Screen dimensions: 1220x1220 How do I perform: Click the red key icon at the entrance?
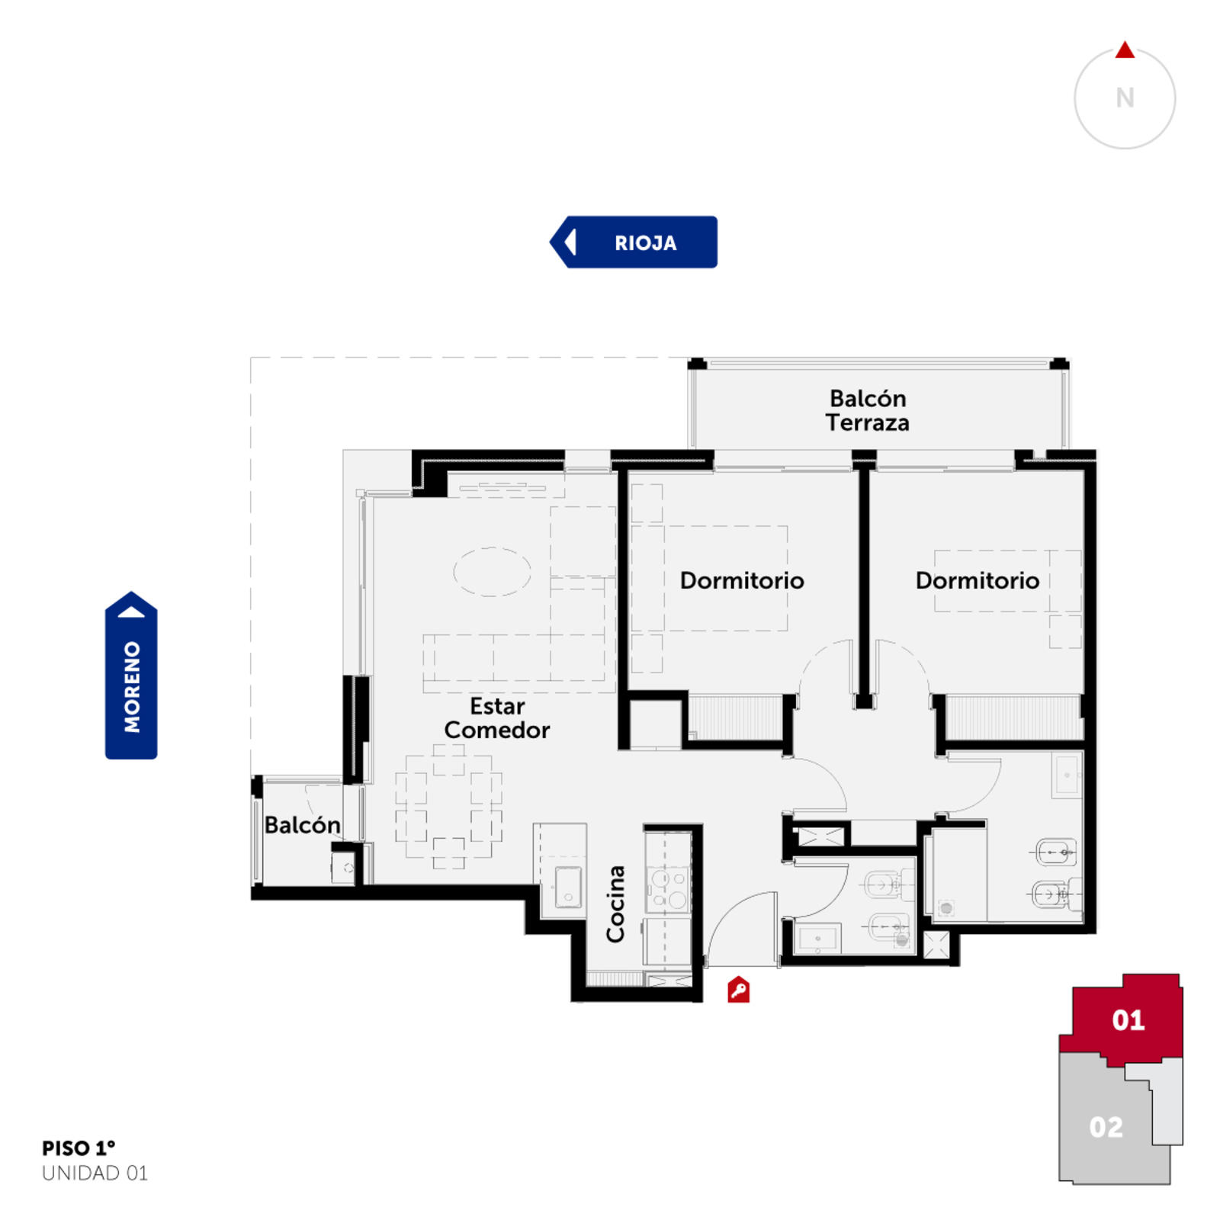[738, 990]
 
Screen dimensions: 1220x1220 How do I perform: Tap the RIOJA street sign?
[634, 242]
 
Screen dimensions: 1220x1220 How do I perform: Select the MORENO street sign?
[131, 675]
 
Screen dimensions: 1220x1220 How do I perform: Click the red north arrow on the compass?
[1125, 50]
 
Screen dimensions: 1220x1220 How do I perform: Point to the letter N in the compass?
[1125, 98]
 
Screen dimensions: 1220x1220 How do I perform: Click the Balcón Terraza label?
[868, 410]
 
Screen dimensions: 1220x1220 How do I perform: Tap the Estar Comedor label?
[497, 718]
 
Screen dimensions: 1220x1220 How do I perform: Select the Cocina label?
[615, 904]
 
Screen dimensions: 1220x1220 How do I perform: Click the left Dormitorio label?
[742, 580]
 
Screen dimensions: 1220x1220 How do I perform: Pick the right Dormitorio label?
[978, 580]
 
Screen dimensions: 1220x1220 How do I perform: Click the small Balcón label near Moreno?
[302, 824]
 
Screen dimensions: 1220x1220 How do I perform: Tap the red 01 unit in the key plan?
[1128, 1019]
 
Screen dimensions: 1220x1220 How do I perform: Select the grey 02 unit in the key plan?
[1106, 1126]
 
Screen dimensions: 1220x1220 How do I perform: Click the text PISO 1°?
[79, 1148]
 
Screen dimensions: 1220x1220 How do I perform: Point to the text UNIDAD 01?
[95, 1173]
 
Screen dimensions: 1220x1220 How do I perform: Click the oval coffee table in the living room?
[493, 571]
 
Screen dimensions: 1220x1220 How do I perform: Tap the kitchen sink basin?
[568, 888]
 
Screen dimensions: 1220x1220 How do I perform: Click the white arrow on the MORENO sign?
[131, 612]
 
